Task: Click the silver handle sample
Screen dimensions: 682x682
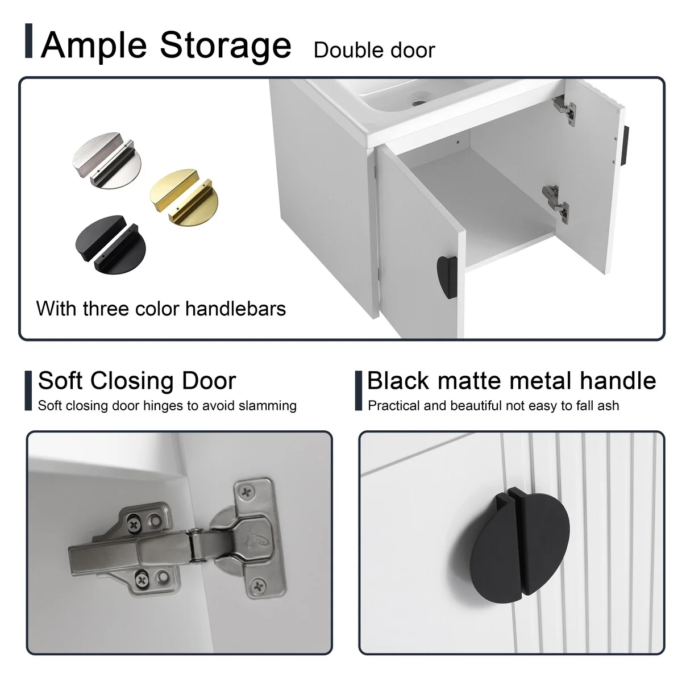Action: pyautogui.click(x=107, y=160)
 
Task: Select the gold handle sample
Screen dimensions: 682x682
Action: pyautogui.click(x=184, y=197)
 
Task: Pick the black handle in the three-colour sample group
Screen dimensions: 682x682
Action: pyautogui.click(x=110, y=244)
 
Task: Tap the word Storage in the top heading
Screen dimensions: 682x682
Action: pyautogui.click(x=226, y=46)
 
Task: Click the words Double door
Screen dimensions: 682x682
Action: pyautogui.click(x=374, y=50)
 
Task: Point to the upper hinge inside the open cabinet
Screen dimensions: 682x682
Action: pyautogui.click(x=564, y=110)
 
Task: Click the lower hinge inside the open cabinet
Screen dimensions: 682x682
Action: pyautogui.click(x=556, y=204)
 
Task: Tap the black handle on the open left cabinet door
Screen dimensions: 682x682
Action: pyautogui.click(x=447, y=277)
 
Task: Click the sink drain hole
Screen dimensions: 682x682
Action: pyautogui.click(x=419, y=103)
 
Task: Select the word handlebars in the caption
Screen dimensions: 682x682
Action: pyautogui.click(x=235, y=309)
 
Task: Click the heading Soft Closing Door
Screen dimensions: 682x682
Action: pyautogui.click(x=137, y=381)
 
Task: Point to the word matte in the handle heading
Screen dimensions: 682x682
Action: pyautogui.click(x=468, y=381)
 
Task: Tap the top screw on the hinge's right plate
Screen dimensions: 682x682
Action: pyautogui.click(x=246, y=492)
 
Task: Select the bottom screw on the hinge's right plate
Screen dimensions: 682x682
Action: pyautogui.click(x=259, y=587)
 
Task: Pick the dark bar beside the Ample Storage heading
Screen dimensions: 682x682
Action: pyautogui.click(x=28, y=41)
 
